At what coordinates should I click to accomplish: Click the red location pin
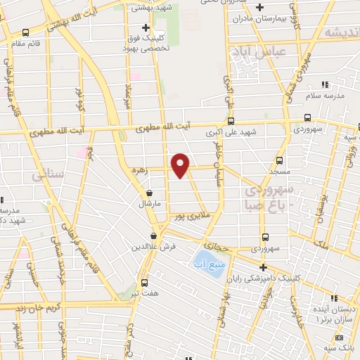point(181,164)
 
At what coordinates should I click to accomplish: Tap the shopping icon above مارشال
point(149,193)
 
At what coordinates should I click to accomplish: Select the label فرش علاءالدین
point(153,247)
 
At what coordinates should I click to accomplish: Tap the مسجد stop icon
point(279,160)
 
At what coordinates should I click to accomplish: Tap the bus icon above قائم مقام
point(26,32)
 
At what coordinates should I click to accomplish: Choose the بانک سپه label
point(340,349)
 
